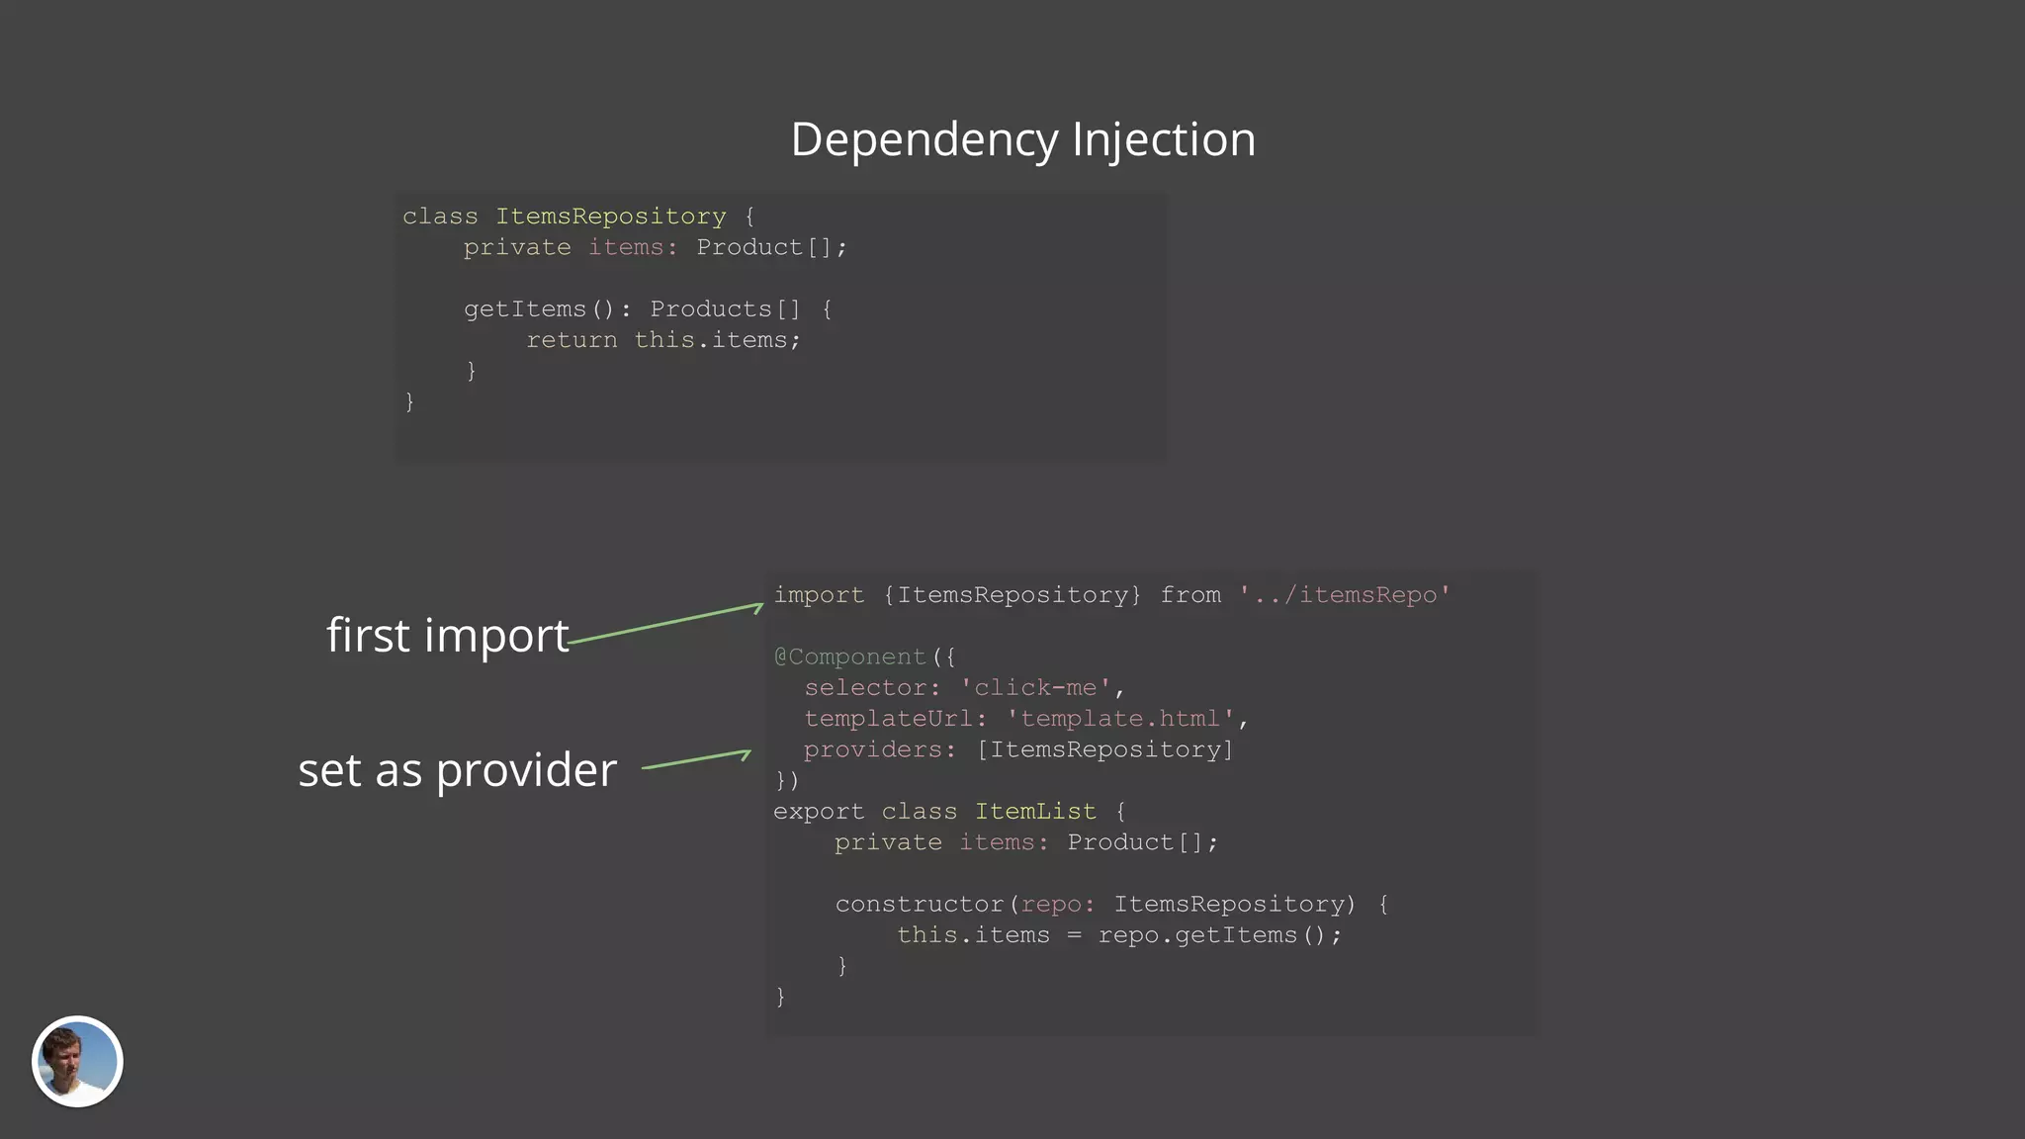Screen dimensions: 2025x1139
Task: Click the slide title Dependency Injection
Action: click(x=1022, y=139)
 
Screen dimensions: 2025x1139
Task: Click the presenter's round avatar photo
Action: click(x=77, y=1061)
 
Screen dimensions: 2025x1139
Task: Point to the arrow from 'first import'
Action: click(x=665, y=624)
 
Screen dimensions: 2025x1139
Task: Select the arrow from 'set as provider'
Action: click(x=696, y=759)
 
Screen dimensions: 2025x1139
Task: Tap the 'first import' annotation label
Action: click(x=447, y=635)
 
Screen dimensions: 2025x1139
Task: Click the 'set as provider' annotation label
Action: click(x=457, y=769)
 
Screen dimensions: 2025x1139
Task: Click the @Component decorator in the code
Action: click(x=850, y=657)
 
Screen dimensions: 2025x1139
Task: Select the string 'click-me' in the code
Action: click(x=1035, y=687)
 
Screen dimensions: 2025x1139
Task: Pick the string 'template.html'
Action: click(x=1120, y=719)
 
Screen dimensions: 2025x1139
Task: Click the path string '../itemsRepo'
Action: click(x=1344, y=595)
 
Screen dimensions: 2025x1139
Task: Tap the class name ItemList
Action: click(x=1035, y=812)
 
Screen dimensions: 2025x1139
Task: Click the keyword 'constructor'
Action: click(x=920, y=905)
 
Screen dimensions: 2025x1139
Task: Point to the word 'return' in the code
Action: click(x=572, y=340)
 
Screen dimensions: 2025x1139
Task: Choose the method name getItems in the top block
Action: click(x=525, y=309)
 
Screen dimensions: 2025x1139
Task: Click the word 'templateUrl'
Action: click(x=888, y=719)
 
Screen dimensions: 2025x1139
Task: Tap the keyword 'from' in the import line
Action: click(x=1190, y=595)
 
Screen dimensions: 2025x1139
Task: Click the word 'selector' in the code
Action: click(x=865, y=687)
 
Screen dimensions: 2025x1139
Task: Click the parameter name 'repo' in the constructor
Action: click(x=1051, y=905)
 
